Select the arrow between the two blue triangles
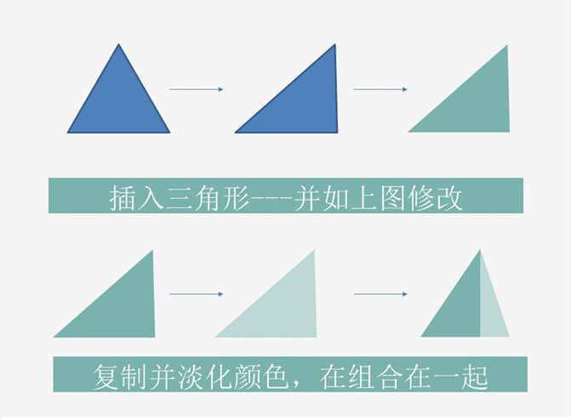tap(196, 88)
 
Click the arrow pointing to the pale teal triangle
tap(196, 294)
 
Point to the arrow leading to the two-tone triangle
tap(380, 294)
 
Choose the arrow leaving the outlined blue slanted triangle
tap(380, 88)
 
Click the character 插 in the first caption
tap(124, 198)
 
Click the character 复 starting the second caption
tap(106, 377)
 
